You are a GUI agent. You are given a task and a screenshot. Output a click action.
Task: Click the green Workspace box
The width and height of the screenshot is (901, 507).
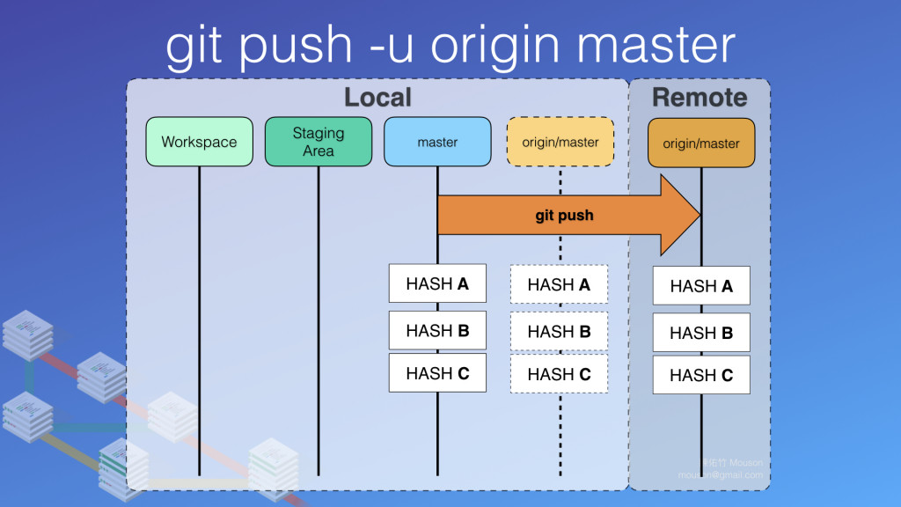(199, 142)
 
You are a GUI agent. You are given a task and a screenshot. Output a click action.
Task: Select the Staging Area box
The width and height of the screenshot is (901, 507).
(319, 142)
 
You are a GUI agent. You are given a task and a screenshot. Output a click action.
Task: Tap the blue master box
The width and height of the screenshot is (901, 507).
(437, 142)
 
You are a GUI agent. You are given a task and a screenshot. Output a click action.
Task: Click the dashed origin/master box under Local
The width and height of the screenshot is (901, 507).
(560, 142)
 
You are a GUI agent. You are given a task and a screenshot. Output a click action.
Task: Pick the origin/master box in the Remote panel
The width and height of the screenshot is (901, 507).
(701, 143)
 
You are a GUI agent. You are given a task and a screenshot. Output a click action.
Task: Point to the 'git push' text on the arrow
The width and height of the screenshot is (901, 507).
(564, 215)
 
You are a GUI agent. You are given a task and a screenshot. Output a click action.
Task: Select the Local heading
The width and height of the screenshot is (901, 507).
(377, 97)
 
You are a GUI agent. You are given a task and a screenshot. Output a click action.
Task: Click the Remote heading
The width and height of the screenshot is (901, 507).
(700, 97)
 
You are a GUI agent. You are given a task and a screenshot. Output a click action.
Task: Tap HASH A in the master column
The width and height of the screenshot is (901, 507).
(437, 283)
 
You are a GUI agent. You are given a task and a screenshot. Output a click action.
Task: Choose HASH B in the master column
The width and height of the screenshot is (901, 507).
(437, 330)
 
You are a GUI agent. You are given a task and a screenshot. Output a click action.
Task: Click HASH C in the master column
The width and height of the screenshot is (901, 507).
(437, 373)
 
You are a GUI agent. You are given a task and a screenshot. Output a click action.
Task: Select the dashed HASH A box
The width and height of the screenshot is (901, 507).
(559, 284)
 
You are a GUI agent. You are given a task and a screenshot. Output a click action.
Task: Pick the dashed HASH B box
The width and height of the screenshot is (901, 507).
(559, 331)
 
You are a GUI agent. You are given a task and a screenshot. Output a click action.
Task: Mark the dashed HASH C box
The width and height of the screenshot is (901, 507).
(559, 374)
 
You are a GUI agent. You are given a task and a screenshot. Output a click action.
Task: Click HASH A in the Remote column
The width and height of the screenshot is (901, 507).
(701, 286)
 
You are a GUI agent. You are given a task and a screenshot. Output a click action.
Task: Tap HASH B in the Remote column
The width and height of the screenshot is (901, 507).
(701, 333)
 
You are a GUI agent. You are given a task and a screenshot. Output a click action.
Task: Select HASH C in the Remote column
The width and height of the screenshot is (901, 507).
(701, 375)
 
